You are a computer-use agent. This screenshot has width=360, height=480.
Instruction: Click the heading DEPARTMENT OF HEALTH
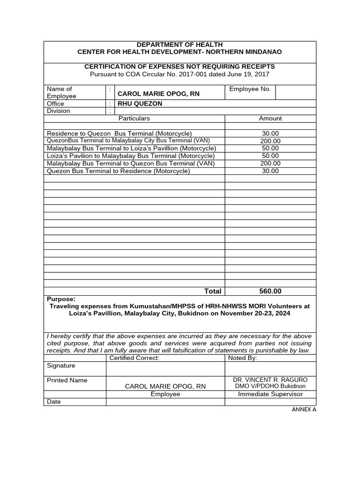click(180, 45)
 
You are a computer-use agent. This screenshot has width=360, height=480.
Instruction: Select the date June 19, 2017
click(251, 74)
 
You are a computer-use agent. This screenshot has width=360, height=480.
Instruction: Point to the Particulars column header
click(134, 119)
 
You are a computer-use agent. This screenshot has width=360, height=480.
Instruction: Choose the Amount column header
click(270, 119)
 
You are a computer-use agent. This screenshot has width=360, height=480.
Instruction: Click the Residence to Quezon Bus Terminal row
click(120, 134)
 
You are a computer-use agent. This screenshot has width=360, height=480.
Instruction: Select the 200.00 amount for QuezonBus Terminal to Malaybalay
click(270, 141)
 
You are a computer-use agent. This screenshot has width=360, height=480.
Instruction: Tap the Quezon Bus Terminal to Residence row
click(119, 171)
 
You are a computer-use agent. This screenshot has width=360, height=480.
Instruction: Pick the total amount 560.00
click(270, 291)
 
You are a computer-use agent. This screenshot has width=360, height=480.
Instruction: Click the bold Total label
click(212, 291)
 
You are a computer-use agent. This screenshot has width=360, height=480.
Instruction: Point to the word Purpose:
click(61, 299)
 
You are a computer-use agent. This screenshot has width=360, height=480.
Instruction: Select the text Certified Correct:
click(135, 358)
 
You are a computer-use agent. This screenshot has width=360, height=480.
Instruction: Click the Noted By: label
click(242, 358)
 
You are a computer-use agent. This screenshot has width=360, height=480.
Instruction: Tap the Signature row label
click(61, 366)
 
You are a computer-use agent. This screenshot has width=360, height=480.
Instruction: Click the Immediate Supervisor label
click(270, 394)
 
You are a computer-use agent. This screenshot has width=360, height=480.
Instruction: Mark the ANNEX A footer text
click(304, 409)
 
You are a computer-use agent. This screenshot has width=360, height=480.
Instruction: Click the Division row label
click(59, 111)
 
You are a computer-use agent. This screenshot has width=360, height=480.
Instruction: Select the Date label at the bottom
click(54, 402)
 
